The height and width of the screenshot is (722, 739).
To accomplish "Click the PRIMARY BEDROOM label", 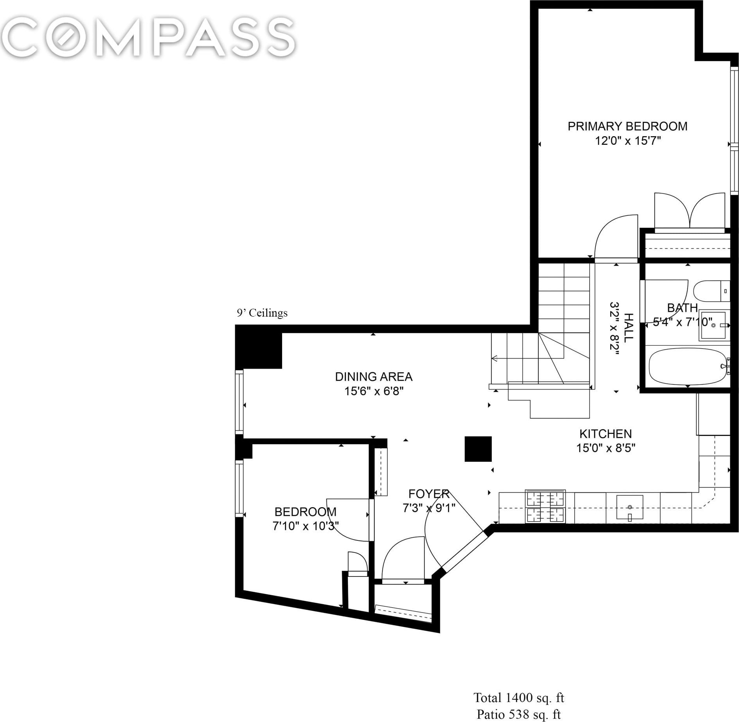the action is coord(628,126).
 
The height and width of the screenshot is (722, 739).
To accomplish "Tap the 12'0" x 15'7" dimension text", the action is coord(628,140).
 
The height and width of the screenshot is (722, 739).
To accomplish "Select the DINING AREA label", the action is coord(374,377).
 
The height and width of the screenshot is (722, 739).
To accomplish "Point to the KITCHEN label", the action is coord(606,434).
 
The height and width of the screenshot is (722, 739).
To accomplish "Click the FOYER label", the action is coord(429,494).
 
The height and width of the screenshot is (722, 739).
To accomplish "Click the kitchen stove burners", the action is coord(545,506).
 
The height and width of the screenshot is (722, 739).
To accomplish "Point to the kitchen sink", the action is coord(630,507).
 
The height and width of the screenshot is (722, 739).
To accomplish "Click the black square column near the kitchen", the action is coord(478,449).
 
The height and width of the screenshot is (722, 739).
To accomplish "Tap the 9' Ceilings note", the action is coord(262,313).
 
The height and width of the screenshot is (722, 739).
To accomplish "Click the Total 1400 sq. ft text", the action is coord(519,697).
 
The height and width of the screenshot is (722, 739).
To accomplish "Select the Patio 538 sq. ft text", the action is coord(519,714).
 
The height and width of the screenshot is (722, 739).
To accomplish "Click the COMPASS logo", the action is coord(148,38).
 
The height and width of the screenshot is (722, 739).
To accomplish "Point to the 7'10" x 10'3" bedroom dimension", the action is coord(306,526).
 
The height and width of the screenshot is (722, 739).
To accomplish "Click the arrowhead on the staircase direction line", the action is coord(494,358).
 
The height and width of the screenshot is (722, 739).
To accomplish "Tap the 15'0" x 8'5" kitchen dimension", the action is coord(606,448).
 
